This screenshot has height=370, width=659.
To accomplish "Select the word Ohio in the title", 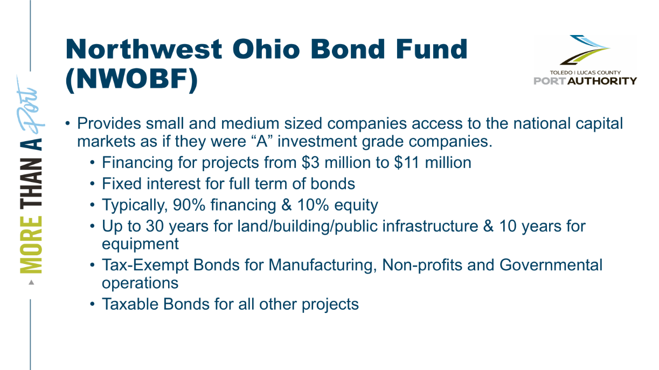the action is tap(266, 49).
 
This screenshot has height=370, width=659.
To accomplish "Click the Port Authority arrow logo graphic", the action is tap(585, 50).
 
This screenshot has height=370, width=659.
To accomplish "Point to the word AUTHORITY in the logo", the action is tap(602, 81).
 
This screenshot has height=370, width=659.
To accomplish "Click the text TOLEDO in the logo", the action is tap(561, 72).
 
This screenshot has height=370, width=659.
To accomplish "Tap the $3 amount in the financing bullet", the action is tap(310, 163).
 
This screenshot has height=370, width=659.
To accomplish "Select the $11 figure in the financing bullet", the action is tap(407, 163).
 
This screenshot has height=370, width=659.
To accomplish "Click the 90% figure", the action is tap(189, 205).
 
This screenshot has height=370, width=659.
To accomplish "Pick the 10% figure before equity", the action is tap(313, 205).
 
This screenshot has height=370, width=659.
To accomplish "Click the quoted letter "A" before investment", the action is tap(262, 141).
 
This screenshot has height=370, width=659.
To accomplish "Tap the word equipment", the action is tap(140, 245).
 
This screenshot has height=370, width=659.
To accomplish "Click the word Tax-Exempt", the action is tap(145, 266).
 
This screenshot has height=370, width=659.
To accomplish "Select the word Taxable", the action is tap(130, 304).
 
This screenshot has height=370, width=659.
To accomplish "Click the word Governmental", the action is tap(551, 264).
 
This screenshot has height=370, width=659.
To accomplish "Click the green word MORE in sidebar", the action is tap(31, 245).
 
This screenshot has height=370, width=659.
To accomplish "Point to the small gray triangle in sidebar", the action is tap(31, 283).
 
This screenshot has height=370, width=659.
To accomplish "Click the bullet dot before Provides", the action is tap(68, 123).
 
